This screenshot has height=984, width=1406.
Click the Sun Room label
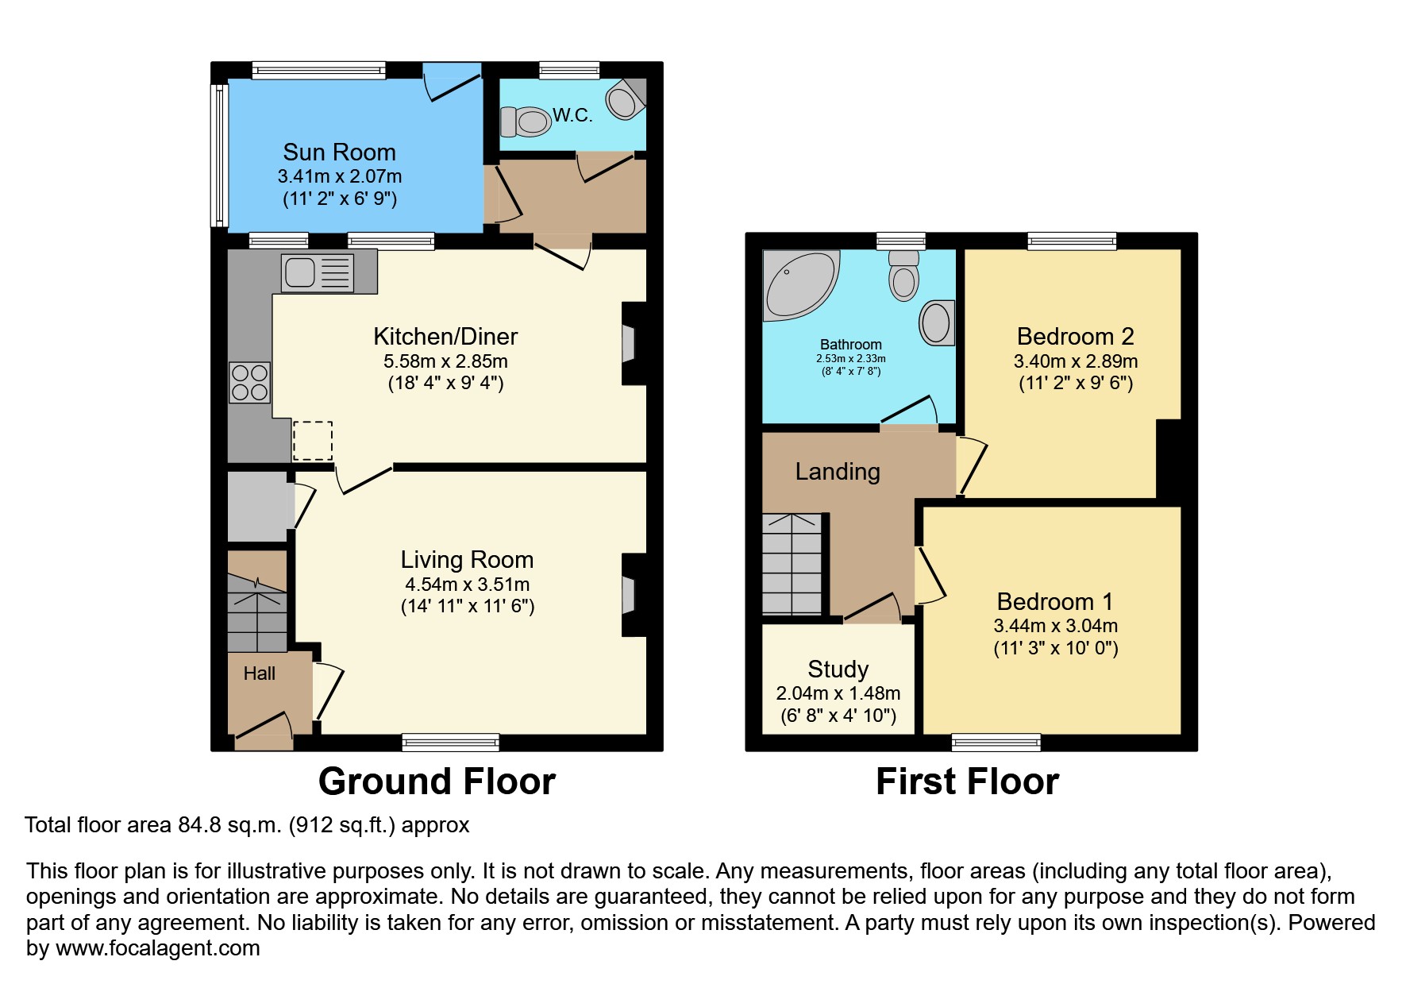pyautogui.click(x=339, y=152)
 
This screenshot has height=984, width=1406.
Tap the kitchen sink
pyautogui.click(x=317, y=272)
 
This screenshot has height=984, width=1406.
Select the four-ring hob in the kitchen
pyautogui.click(x=249, y=383)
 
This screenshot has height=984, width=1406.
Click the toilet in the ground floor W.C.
pyautogui.click(x=526, y=122)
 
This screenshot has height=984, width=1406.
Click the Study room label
pyautogui.click(x=838, y=669)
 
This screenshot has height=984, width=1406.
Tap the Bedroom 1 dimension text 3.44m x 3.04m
pyautogui.click(x=1055, y=626)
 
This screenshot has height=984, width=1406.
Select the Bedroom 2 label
pyautogui.click(x=1075, y=336)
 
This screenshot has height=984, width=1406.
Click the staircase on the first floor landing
pyautogui.click(x=792, y=564)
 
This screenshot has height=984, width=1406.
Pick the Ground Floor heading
pyautogui.click(x=437, y=781)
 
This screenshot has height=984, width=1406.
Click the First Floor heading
pyautogui.click(x=967, y=781)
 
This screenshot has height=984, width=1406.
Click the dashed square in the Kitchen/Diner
pyautogui.click(x=313, y=441)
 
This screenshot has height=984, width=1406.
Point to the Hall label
pyautogui.click(x=259, y=673)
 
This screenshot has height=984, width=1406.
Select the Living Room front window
pyautogui.click(x=450, y=743)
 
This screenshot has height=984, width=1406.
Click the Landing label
pyautogui.click(x=838, y=472)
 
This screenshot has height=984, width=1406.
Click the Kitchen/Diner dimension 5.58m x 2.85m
pyautogui.click(x=445, y=361)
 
